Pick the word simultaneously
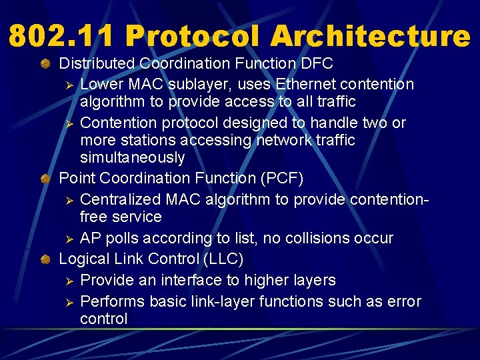[x=132, y=157]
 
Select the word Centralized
[x=122, y=199]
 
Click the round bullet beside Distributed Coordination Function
[x=45, y=64]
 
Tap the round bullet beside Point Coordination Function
[x=45, y=179]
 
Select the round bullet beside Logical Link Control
[x=45, y=259]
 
